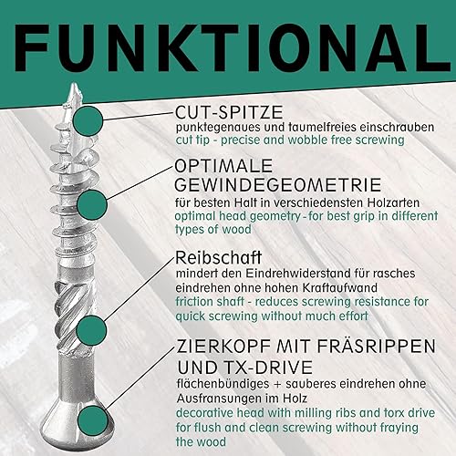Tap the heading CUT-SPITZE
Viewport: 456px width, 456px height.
[229, 112]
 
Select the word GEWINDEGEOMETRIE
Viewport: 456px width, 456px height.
[278, 185]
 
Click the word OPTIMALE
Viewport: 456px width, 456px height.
[223, 166]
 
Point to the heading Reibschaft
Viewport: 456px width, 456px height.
[218, 258]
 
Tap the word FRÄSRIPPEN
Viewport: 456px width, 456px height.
[383, 346]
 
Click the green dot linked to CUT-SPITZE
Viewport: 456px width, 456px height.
[88, 120]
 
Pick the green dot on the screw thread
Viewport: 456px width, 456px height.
[92, 205]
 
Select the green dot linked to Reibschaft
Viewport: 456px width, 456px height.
[91, 330]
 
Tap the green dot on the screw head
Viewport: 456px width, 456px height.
[93, 421]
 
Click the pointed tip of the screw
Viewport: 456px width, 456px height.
[73, 83]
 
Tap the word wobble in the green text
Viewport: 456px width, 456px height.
[307, 140]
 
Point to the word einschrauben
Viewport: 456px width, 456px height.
[397, 127]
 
